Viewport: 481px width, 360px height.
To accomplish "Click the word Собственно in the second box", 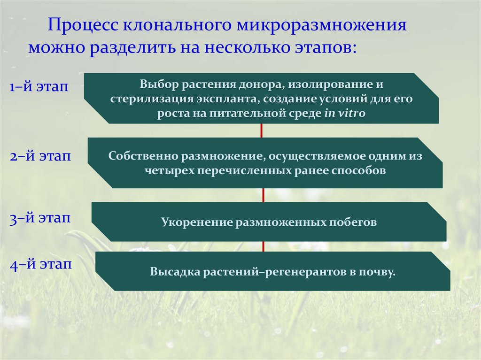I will coord(138,156).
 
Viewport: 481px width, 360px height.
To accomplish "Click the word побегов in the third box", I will coord(353,222).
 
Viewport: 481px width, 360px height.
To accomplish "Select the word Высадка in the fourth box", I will coord(174,272).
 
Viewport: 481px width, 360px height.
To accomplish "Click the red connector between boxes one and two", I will coord(261,130).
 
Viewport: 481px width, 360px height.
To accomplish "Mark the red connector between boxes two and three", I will coord(264,195).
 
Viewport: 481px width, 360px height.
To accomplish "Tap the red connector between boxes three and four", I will coord(264,246).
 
